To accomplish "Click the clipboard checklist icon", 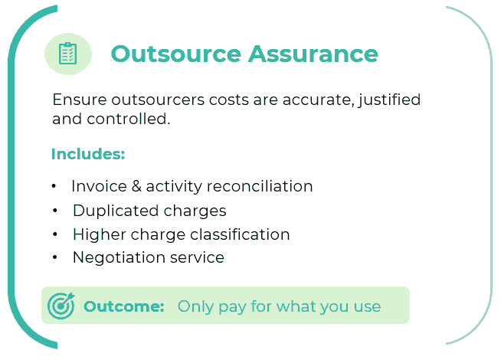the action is point(67,54).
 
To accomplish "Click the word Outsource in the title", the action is point(175,54).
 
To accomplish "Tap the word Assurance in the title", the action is point(313,54).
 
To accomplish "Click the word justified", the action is point(389,100).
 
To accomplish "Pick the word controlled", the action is point(128,119).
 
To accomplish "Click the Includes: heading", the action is point(88,154).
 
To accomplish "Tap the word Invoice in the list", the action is point(99,186).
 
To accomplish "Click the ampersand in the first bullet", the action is point(136,186).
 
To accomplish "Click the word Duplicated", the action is point(116,211).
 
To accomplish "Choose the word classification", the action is point(240,234).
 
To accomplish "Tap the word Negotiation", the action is point(119,257).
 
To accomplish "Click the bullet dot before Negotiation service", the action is point(55,257).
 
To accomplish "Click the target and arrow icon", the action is point(61,306).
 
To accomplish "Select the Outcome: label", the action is point(124,306).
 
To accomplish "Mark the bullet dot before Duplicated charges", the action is point(55,211).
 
